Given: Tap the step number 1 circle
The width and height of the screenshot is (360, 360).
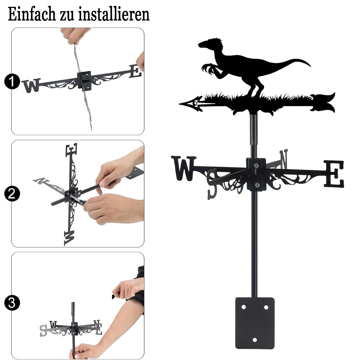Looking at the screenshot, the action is (x=12, y=81).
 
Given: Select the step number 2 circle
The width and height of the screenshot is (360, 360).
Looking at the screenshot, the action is (x=12, y=194).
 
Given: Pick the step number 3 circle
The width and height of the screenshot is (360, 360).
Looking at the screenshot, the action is (x=12, y=303).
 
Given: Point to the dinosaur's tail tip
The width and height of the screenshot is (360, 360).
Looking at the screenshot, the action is (x=310, y=66).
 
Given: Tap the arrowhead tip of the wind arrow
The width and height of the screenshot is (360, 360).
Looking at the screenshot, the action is (x=180, y=104).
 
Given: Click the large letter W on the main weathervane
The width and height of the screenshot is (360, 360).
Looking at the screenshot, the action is (x=184, y=168).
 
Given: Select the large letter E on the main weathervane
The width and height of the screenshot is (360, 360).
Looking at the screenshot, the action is (x=334, y=174).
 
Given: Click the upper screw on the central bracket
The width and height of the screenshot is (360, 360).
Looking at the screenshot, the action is (x=256, y=165).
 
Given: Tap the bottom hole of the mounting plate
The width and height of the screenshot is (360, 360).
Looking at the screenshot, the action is (x=255, y=340).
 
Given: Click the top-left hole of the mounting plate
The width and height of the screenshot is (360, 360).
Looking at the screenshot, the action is (x=244, y=307).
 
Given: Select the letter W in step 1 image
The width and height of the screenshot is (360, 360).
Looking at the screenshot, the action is (x=31, y=85).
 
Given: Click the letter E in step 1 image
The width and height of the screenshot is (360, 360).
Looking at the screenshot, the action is (x=135, y=71).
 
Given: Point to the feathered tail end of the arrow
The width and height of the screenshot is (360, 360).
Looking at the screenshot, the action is (x=323, y=103).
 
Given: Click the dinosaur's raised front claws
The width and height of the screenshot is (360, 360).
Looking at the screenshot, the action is (x=207, y=68).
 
